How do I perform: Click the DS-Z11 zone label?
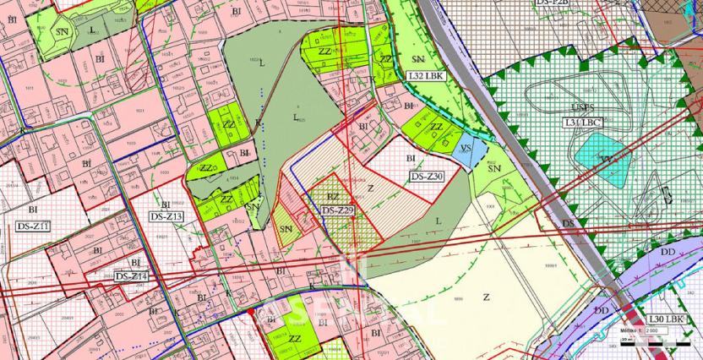click(x=34, y=226)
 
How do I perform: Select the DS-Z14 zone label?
click(x=131, y=276)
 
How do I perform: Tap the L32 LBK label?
click(x=425, y=76)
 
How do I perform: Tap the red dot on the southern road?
click(x=251, y=314)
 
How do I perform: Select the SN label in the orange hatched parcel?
click(x=285, y=229)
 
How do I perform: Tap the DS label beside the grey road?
click(x=569, y=224)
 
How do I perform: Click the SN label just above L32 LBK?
click(x=417, y=59)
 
